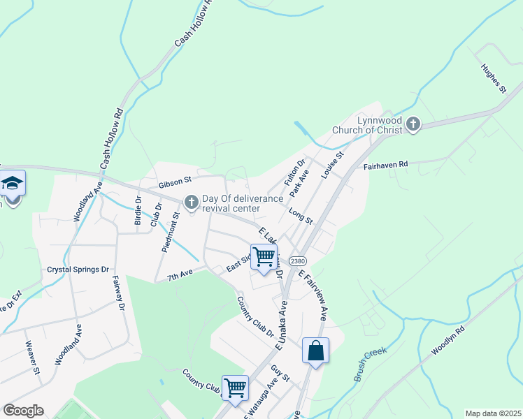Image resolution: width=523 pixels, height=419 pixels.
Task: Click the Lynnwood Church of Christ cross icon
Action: tap(413, 124)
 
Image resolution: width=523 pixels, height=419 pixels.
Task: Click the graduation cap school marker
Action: tap(12, 184)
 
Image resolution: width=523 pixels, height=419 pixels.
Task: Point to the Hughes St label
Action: tap(493, 79)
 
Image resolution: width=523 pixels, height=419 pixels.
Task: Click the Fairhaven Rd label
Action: tap(386, 165)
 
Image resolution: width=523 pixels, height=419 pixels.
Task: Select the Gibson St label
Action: tap(175, 183)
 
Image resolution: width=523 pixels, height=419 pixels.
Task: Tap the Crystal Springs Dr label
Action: tap(78, 269)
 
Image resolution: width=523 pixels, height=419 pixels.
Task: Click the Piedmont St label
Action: tap(171, 234)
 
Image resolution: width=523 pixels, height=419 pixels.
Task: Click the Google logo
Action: tap(23, 411)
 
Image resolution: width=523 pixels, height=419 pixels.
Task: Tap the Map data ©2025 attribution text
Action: tap(493, 413)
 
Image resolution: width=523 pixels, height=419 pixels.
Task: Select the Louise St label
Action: tap(333, 165)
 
